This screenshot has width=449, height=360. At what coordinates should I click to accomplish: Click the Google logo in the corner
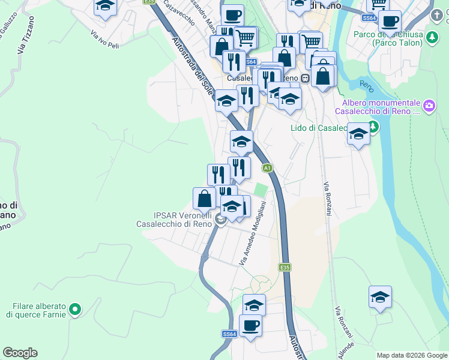click(20, 353)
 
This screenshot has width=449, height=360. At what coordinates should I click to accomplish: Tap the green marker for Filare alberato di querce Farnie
click(74, 310)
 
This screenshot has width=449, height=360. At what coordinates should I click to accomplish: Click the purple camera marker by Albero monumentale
click(429, 107)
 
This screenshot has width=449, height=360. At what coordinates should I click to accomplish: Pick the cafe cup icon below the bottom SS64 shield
click(250, 325)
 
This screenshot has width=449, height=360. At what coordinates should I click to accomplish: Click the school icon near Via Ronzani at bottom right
click(380, 296)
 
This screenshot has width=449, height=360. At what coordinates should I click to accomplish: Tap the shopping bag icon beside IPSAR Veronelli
click(204, 198)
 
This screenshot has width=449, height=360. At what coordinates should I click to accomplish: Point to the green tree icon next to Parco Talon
click(432, 38)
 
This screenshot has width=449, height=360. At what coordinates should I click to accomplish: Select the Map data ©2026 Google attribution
click(411, 355)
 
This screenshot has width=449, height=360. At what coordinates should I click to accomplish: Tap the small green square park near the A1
click(260, 190)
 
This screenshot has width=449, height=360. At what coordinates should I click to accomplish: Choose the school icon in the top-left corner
click(106, 6)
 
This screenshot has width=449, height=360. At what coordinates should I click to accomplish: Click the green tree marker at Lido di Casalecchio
click(373, 127)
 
